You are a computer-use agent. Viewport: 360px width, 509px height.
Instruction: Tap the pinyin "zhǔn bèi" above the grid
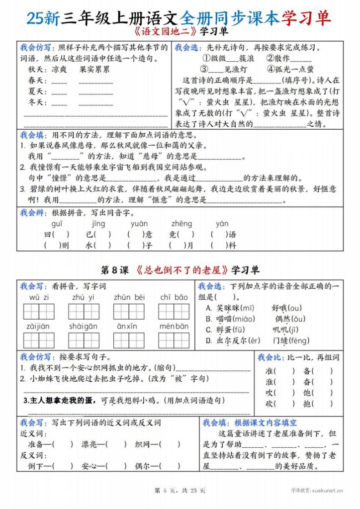click(129, 297)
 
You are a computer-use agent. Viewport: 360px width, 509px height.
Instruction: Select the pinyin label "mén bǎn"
click(174, 327)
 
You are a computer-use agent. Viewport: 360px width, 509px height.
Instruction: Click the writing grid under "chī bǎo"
click(174, 311)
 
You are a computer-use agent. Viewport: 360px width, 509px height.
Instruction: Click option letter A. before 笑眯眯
click(208, 308)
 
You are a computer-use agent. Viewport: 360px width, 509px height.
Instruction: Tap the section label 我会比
click(270, 357)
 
